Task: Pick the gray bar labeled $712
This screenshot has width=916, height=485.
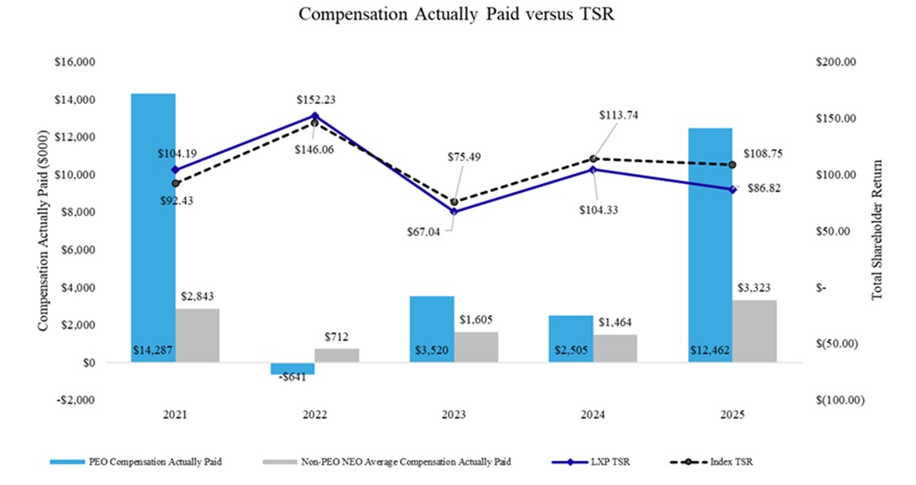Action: (x=337, y=356)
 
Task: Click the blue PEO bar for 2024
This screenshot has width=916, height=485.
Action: (x=571, y=339)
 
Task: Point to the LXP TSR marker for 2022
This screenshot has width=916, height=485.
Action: (x=315, y=116)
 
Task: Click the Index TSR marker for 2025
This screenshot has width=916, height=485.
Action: (x=732, y=165)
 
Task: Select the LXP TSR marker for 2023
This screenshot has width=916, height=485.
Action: (x=454, y=212)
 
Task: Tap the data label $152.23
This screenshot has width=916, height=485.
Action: (x=316, y=100)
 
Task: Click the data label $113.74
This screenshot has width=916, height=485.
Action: (x=618, y=116)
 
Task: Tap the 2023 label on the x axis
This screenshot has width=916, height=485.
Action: (x=454, y=415)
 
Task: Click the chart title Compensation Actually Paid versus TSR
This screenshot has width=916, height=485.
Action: (x=456, y=15)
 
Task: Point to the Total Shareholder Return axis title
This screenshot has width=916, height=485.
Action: (x=877, y=230)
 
